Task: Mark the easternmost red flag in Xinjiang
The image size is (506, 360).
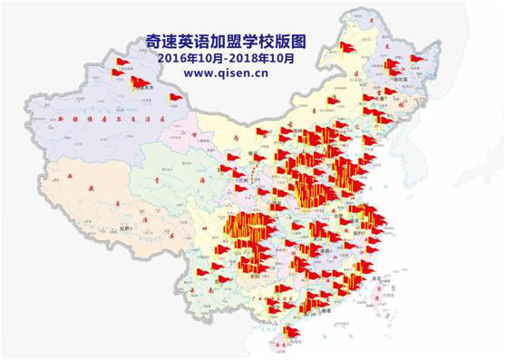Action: [x=174, y=98]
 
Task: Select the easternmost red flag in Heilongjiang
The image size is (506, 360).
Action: [x=416, y=60]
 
